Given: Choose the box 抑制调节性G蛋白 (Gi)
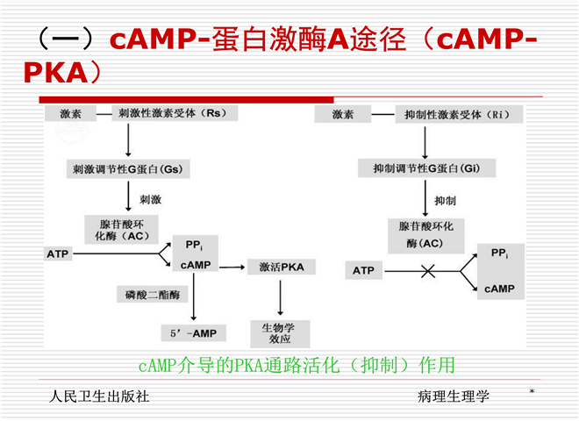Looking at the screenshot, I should tap(425, 168).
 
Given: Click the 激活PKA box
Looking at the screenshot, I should tap(282, 266).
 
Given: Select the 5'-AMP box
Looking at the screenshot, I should tap(193, 332).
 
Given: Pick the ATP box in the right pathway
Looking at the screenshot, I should tap(363, 271).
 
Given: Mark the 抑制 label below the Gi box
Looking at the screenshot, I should tap(446, 200).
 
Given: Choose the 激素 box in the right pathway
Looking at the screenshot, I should tap(343, 114).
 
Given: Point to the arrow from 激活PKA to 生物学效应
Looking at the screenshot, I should tap(281, 298).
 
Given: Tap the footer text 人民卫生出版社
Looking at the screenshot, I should tap(99, 396).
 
